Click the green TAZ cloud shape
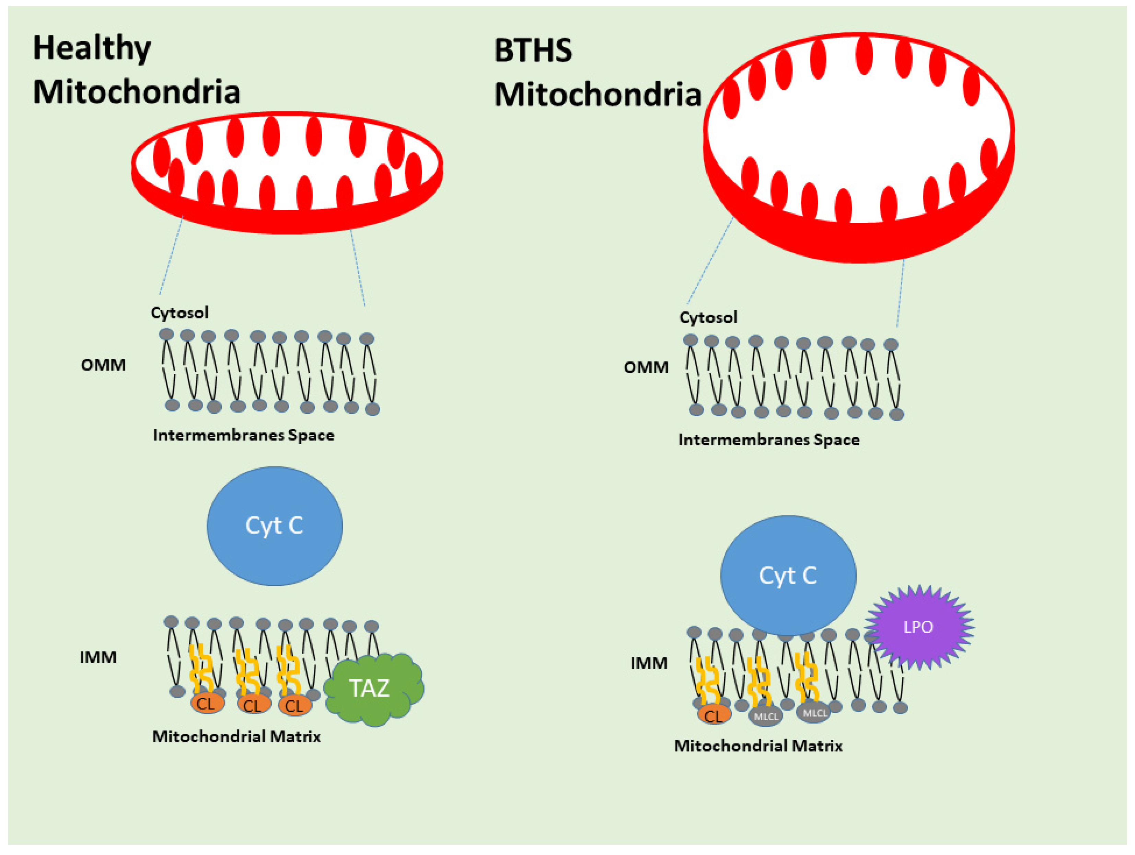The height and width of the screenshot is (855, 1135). (373, 688)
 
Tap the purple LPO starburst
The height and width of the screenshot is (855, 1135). (918, 627)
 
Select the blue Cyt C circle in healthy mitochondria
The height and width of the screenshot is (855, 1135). (275, 526)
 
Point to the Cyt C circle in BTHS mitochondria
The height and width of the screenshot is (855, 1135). (788, 575)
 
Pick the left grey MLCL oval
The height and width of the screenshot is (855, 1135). (766, 716)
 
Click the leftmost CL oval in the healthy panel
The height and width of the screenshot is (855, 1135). (207, 704)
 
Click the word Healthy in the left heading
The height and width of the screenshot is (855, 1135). (92, 49)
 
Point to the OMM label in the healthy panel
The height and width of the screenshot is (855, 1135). (103, 365)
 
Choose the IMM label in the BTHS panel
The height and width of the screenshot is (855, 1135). (649, 663)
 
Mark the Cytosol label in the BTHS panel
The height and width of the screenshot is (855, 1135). (708, 317)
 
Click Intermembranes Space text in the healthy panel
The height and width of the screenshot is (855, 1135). (244, 435)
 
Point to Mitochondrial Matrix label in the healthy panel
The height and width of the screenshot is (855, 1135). (236, 737)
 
